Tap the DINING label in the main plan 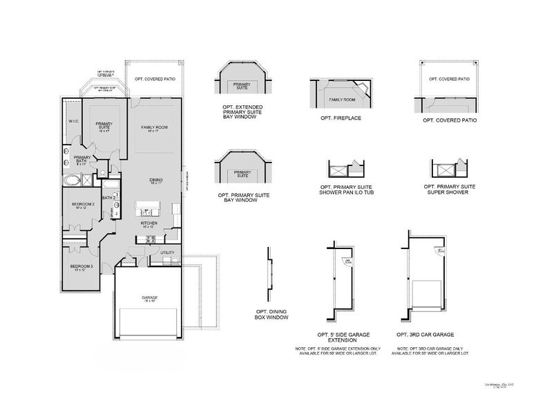tap(155, 181)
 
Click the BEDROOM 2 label tap(83, 205)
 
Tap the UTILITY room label tap(167, 253)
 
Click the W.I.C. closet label tap(73, 122)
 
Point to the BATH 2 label tap(107, 198)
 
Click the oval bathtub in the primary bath tap(72, 180)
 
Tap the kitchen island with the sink tap(147, 206)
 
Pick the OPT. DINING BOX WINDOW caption tap(271, 315)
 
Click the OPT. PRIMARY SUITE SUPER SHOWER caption tap(448, 190)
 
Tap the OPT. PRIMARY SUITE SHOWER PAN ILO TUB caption tap(345, 190)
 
